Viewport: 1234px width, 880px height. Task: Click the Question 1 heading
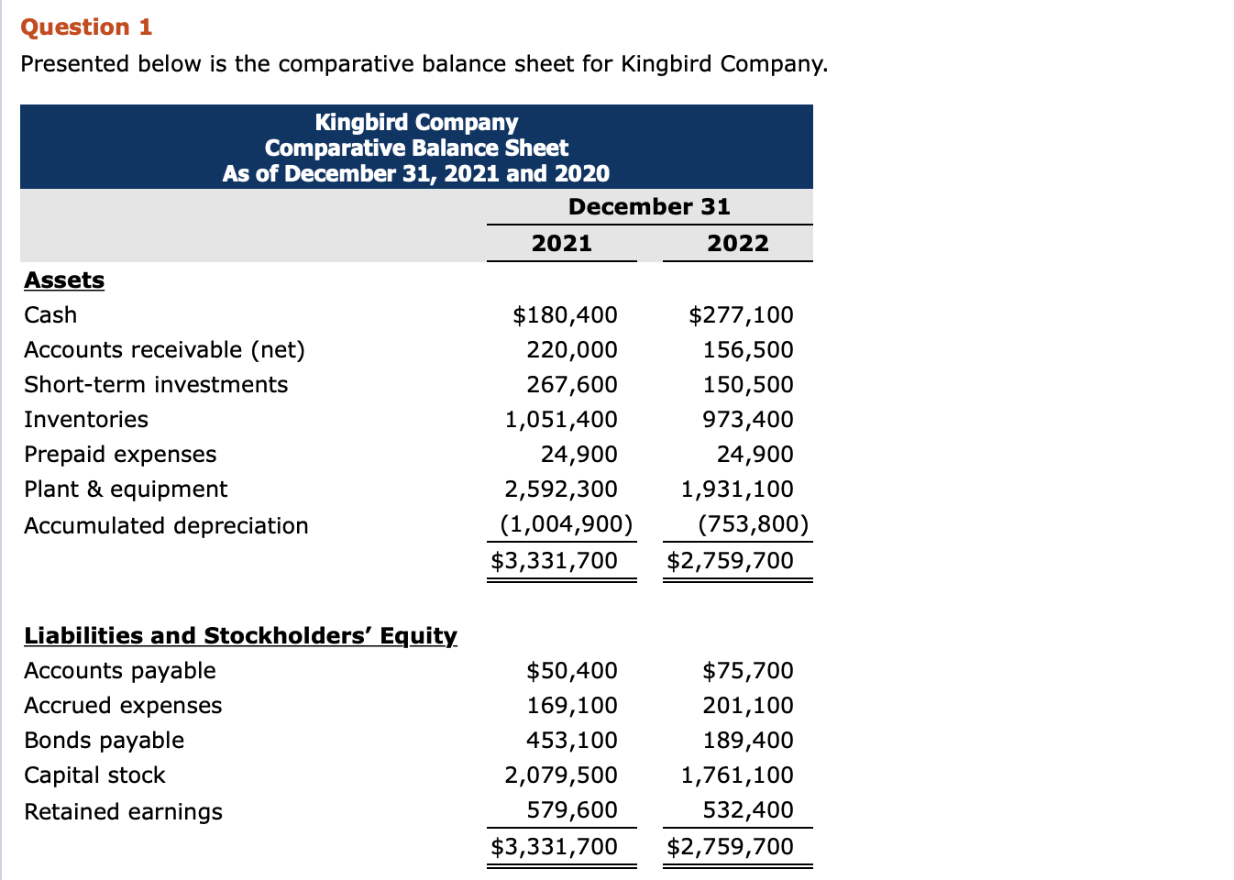point(86,27)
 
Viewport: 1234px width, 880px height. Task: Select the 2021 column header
point(561,243)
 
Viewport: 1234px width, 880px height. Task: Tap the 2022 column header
point(737,243)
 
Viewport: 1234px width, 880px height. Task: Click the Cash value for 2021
point(565,314)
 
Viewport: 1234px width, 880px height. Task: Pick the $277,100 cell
point(741,314)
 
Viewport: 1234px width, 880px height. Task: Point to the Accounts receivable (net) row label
point(164,349)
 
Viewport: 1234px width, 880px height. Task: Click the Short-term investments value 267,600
point(571,384)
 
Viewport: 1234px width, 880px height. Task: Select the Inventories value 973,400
point(747,419)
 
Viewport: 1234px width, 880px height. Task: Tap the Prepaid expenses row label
point(120,454)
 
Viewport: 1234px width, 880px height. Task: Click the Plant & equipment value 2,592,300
point(560,489)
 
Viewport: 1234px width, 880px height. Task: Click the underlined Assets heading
point(64,280)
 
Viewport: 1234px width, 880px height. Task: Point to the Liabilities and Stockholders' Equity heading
point(240,635)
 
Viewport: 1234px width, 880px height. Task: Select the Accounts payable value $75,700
point(747,670)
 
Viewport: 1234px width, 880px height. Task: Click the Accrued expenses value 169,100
point(571,705)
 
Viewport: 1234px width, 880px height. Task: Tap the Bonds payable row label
point(104,740)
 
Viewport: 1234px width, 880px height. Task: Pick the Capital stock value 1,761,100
point(736,775)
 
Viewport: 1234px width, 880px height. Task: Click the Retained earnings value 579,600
point(571,809)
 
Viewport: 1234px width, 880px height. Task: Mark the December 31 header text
point(649,206)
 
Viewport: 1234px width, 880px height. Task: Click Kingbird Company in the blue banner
point(416,122)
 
